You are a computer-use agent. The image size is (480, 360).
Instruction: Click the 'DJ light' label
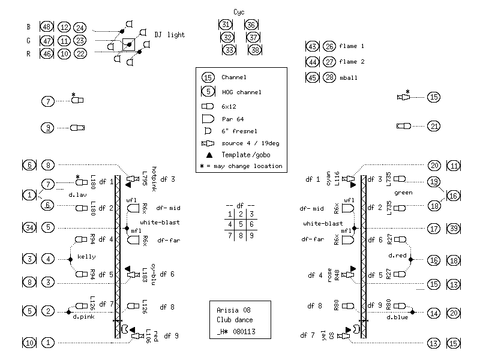[170, 35]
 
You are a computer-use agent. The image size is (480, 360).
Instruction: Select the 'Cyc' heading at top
[239, 12]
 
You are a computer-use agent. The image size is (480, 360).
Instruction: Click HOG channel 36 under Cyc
[252, 25]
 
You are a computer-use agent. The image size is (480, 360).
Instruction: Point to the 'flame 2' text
[352, 62]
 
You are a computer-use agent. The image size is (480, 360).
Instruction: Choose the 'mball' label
[348, 77]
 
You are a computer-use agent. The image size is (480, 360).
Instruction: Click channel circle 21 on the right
[434, 126]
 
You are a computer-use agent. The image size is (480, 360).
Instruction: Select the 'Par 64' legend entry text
[233, 119]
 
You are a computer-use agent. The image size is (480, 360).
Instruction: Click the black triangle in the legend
[208, 155]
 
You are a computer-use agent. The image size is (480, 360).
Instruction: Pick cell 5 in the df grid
[241, 224]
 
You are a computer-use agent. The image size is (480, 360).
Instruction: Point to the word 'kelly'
[86, 257]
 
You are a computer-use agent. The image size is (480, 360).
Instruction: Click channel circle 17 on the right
[434, 228]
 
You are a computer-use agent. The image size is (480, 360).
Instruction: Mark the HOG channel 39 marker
[454, 228]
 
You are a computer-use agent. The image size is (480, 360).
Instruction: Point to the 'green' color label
[404, 193]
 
